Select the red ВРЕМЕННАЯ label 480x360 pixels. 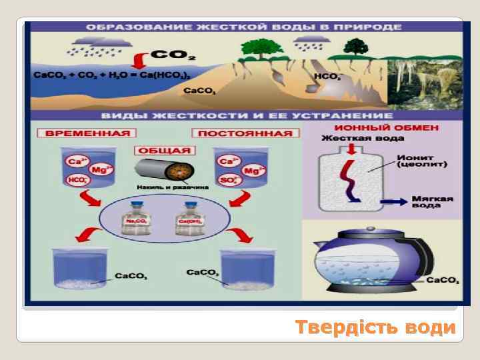click(87, 133)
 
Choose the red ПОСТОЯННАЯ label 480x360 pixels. click(245, 133)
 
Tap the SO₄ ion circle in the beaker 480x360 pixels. click(227, 179)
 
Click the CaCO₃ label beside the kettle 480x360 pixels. click(442, 280)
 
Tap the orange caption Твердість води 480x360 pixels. click(375, 328)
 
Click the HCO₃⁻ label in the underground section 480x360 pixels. click(327, 77)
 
